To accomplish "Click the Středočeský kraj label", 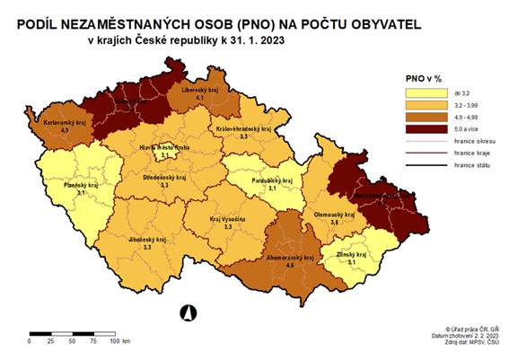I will point(164,179).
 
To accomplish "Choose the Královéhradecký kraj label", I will point(243,130).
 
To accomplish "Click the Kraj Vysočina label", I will point(227,218).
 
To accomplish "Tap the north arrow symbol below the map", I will point(189,312).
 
